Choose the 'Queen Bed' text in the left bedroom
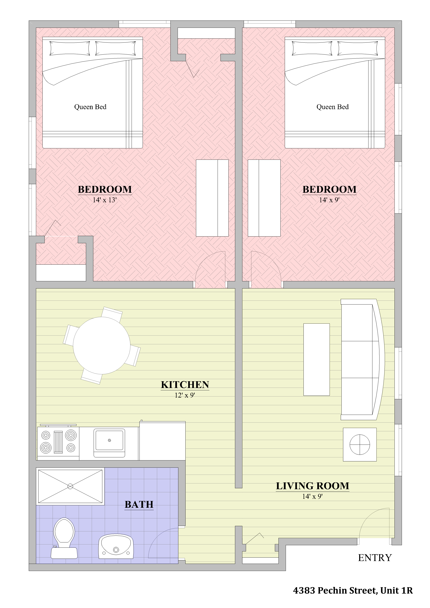click(x=90, y=107)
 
